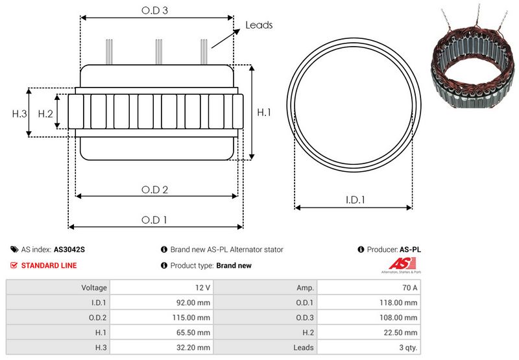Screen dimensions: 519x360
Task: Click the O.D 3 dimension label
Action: pyautogui.click(x=154, y=10)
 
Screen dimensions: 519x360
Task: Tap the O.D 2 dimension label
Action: pyautogui.click(x=154, y=189)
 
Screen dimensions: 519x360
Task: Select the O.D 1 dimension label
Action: pyautogui.click(x=154, y=220)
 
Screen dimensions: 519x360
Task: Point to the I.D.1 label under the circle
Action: pyautogui.click(x=355, y=200)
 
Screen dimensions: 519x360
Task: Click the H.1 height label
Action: pyautogui.click(x=264, y=112)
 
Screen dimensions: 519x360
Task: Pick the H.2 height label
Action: pyautogui.click(x=45, y=114)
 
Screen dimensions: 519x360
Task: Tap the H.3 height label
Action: pyautogui.click(x=19, y=114)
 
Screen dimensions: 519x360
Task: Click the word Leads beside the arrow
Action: pyautogui.click(x=259, y=25)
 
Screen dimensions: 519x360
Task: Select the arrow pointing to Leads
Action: pyautogui.click(x=226, y=38)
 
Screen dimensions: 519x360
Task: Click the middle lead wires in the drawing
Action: pyautogui.click(x=159, y=52)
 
